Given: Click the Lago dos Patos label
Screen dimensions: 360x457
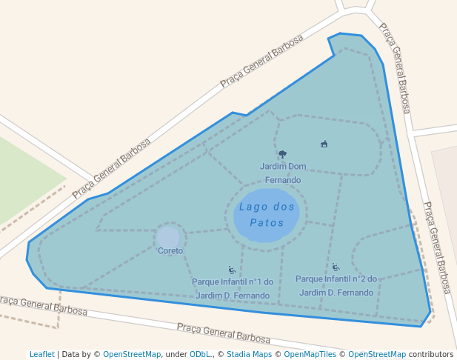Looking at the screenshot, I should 267,215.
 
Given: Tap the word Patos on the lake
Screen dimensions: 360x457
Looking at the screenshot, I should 267,223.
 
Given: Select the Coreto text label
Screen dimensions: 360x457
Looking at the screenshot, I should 170,251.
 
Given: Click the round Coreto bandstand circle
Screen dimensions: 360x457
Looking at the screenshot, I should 169,238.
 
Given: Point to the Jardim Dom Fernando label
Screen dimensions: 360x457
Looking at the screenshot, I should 283,173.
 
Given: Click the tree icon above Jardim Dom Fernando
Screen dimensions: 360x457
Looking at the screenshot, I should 282,155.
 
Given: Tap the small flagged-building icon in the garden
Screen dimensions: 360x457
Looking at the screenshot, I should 324,144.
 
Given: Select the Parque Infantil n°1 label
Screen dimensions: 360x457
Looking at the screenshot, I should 233,288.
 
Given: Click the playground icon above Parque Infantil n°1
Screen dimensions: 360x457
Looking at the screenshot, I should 232,270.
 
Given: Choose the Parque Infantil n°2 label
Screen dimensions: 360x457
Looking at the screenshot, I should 336,286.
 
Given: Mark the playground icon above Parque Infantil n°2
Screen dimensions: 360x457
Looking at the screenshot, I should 336,267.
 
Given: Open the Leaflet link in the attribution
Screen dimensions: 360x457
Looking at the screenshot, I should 42,354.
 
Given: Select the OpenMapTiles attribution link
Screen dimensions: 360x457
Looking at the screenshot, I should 310,354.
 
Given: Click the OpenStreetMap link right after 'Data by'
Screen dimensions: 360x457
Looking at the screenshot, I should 132,354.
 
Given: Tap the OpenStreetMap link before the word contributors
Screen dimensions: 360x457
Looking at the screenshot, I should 377,354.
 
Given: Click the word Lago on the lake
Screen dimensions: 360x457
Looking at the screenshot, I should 251,207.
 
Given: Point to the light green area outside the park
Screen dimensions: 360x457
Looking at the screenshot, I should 22,178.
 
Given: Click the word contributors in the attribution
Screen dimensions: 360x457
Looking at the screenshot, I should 431,354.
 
